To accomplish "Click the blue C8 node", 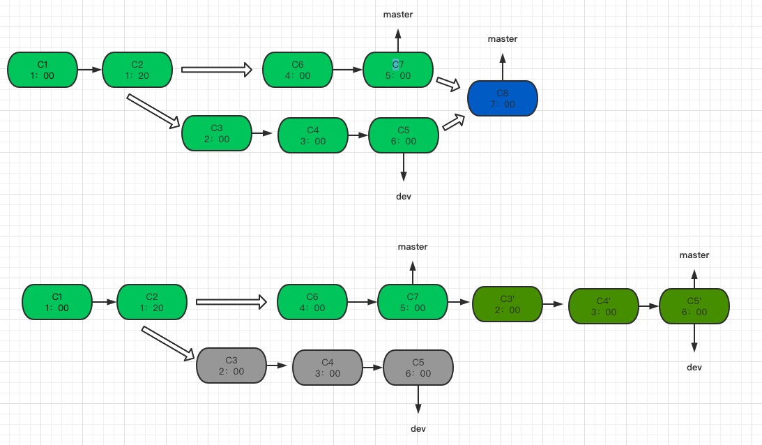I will pyautogui.click(x=503, y=98).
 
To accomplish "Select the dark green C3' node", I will pyautogui.click(x=507, y=304).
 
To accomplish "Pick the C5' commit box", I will pyautogui.click(x=694, y=306).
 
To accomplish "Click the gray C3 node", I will pyautogui.click(x=231, y=365).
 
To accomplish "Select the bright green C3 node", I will pyautogui.click(x=216, y=133).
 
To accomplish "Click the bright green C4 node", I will pyautogui.click(x=312, y=135).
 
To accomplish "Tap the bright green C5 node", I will pyautogui.click(x=404, y=135).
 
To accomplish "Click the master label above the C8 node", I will pyautogui.click(x=503, y=39).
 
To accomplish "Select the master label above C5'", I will pyautogui.click(x=694, y=255).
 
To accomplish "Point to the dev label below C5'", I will pyautogui.click(x=694, y=368).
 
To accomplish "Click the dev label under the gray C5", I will pyautogui.click(x=418, y=428).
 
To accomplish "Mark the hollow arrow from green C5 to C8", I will pyautogui.click(x=453, y=123).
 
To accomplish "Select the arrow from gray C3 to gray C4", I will pyautogui.click(x=280, y=365).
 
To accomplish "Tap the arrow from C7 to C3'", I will pyautogui.click(x=459, y=302).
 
